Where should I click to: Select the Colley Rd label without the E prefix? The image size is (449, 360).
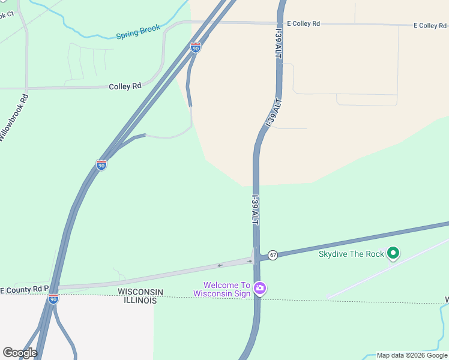click(x=125, y=86)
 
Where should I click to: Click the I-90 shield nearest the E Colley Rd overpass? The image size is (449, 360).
click(x=196, y=47)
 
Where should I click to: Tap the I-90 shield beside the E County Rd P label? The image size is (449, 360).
click(x=53, y=298)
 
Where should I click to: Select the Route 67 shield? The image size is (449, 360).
click(x=273, y=255)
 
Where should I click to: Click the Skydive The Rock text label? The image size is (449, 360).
click(x=351, y=254)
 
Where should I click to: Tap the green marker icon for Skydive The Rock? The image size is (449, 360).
click(x=393, y=254)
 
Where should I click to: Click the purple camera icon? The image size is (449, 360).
click(x=259, y=289)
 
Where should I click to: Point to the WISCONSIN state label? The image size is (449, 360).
click(x=140, y=292)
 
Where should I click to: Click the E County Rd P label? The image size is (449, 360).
click(x=24, y=289)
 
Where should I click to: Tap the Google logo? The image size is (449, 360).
click(x=20, y=353)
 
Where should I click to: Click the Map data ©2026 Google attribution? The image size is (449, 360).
click(x=412, y=355)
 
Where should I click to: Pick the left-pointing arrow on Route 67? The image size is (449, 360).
click(x=220, y=265)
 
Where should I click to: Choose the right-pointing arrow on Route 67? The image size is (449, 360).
click(x=249, y=261)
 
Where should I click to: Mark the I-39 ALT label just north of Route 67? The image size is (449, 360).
click(x=255, y=210)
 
